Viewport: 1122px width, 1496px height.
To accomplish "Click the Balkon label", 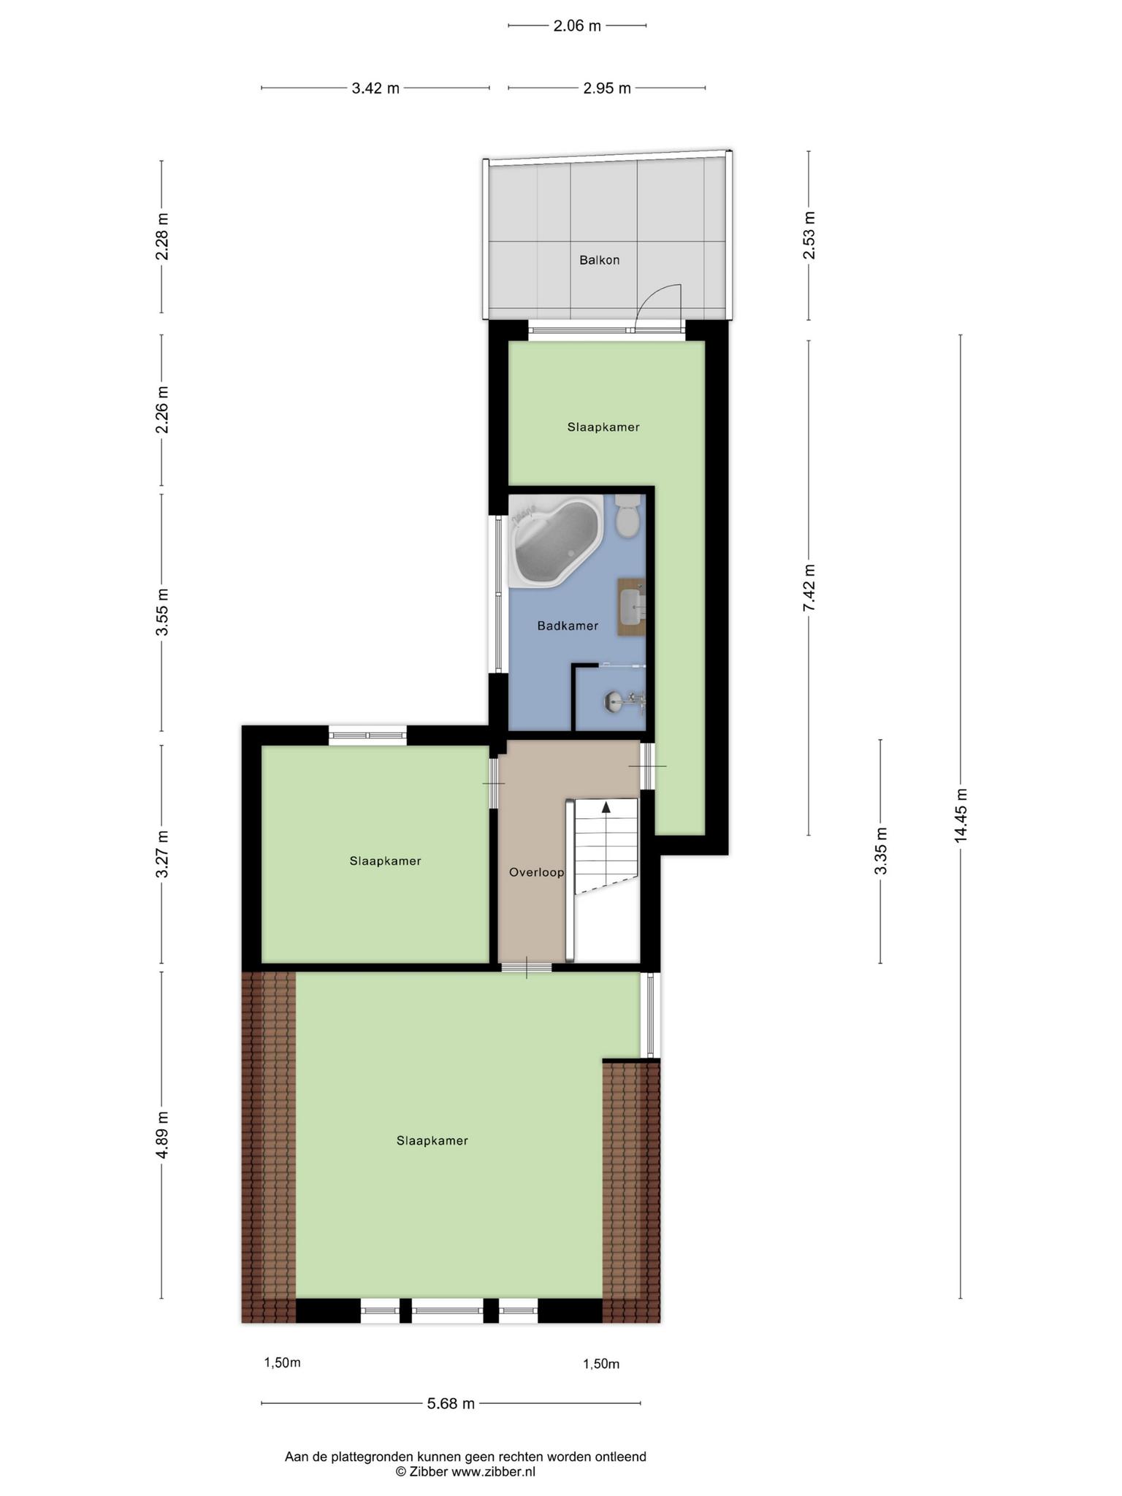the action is [599, 260].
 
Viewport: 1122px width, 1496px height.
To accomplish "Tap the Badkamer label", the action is [568, 626].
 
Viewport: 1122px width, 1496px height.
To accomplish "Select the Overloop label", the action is [537, 872].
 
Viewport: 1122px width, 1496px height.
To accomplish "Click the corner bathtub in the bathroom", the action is [557, 541].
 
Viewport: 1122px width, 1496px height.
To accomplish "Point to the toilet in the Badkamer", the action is [627, 515].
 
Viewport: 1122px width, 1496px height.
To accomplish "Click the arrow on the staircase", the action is [606, 807].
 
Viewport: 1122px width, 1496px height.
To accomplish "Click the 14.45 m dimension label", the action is [961, 815].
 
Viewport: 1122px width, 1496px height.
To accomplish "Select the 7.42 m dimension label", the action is [809, 588].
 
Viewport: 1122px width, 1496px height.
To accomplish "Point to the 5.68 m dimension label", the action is [451, 1403].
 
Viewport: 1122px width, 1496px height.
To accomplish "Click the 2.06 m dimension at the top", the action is [577, 26].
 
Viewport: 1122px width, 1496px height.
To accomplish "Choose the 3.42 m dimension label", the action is [375, 88].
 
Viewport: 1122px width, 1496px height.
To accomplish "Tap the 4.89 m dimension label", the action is [162, 1135].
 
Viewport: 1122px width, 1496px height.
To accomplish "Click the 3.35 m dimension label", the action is [881, 851].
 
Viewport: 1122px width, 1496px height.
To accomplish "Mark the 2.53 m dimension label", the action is [809, 235].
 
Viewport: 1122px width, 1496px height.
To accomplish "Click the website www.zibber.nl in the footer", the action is [493, 1472].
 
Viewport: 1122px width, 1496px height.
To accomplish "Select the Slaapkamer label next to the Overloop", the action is [385, 861].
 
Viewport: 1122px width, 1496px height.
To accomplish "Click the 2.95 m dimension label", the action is [607, 88].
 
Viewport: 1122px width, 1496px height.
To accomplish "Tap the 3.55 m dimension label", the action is [162, 612].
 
